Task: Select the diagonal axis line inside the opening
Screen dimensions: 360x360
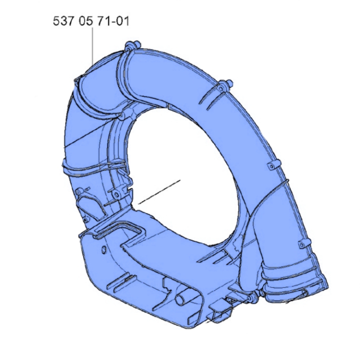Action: [x=158, y=192]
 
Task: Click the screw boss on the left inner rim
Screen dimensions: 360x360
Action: [x=116, y=193]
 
